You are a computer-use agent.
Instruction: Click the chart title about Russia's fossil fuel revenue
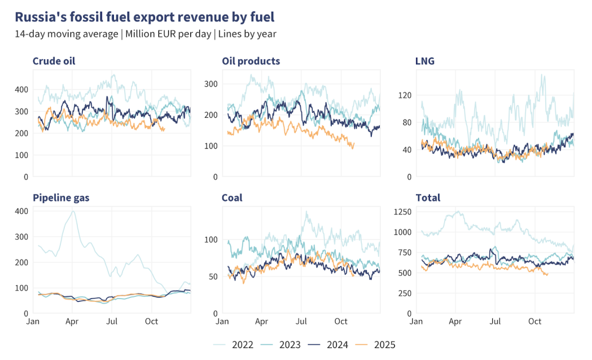pyautogui.click(x=144, y=16)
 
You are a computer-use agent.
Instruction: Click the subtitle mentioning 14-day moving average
pyautogui.click(x=145, y=34)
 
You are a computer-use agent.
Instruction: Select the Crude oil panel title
pyautogui.click(x=54, y=61)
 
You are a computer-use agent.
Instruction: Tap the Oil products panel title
pyautogui.click(x=251, y=61)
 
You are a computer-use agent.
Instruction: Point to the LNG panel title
pyautogui.click(x=424, y=61)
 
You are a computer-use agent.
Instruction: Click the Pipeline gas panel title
pyautogui.click(x=61, y=197)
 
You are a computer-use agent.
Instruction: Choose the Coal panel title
pyautogui.click(x=233, y=197)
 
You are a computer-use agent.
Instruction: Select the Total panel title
pyautogui.click(x=428, y=197)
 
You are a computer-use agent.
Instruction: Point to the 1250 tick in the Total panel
pyautogui.click(x=402, y=212)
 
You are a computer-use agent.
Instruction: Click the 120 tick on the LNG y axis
pyautogui.click(x=404, y=95)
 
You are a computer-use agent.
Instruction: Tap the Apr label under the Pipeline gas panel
pyautogui.click(x=72, y=322)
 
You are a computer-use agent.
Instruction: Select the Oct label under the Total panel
pyautogui.click(x=534, y=322)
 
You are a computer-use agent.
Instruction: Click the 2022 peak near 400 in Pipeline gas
pyautogui.click(x=73, y=212)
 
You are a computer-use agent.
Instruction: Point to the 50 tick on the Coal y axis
pyautogui.click(x=213, y=276)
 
